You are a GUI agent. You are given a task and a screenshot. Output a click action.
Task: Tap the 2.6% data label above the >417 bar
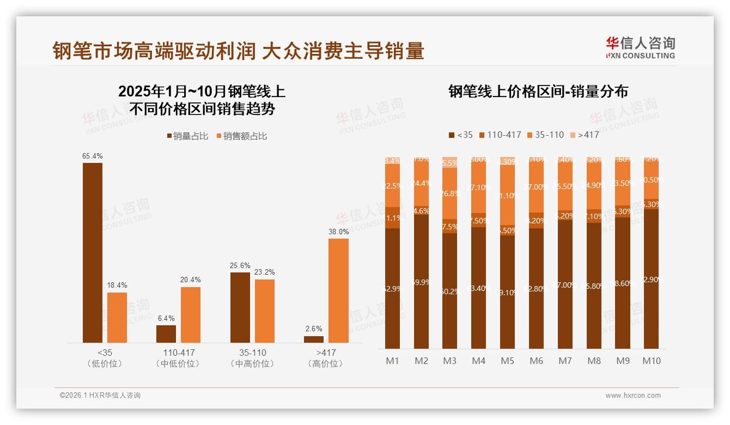point(314,329)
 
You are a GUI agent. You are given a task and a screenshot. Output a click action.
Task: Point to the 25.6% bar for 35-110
point(240,307)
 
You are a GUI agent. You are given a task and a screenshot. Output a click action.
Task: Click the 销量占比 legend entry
point(187,136)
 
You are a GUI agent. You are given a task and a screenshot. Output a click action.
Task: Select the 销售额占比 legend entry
point(242,136)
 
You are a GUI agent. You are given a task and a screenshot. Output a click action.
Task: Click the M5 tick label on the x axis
point(507,361)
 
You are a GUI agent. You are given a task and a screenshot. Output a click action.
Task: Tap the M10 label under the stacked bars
point(651,361)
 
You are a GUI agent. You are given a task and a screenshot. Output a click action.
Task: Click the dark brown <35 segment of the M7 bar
point(565,284)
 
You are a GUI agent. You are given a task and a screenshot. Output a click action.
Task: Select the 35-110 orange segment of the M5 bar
point(507,195)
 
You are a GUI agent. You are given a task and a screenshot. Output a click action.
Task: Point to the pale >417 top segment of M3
point(449,162)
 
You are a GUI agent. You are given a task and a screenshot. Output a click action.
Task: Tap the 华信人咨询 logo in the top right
point(640,47)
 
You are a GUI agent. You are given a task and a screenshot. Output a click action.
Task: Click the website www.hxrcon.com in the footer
point(633,396)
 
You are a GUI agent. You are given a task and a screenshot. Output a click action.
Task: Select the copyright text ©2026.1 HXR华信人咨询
point(100,396)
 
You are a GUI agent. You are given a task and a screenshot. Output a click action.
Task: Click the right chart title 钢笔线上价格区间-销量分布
point(538,92)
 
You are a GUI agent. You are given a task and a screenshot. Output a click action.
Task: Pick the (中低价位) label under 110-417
point(178,363)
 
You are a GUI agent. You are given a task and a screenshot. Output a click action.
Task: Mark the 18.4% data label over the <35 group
point(117,285)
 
